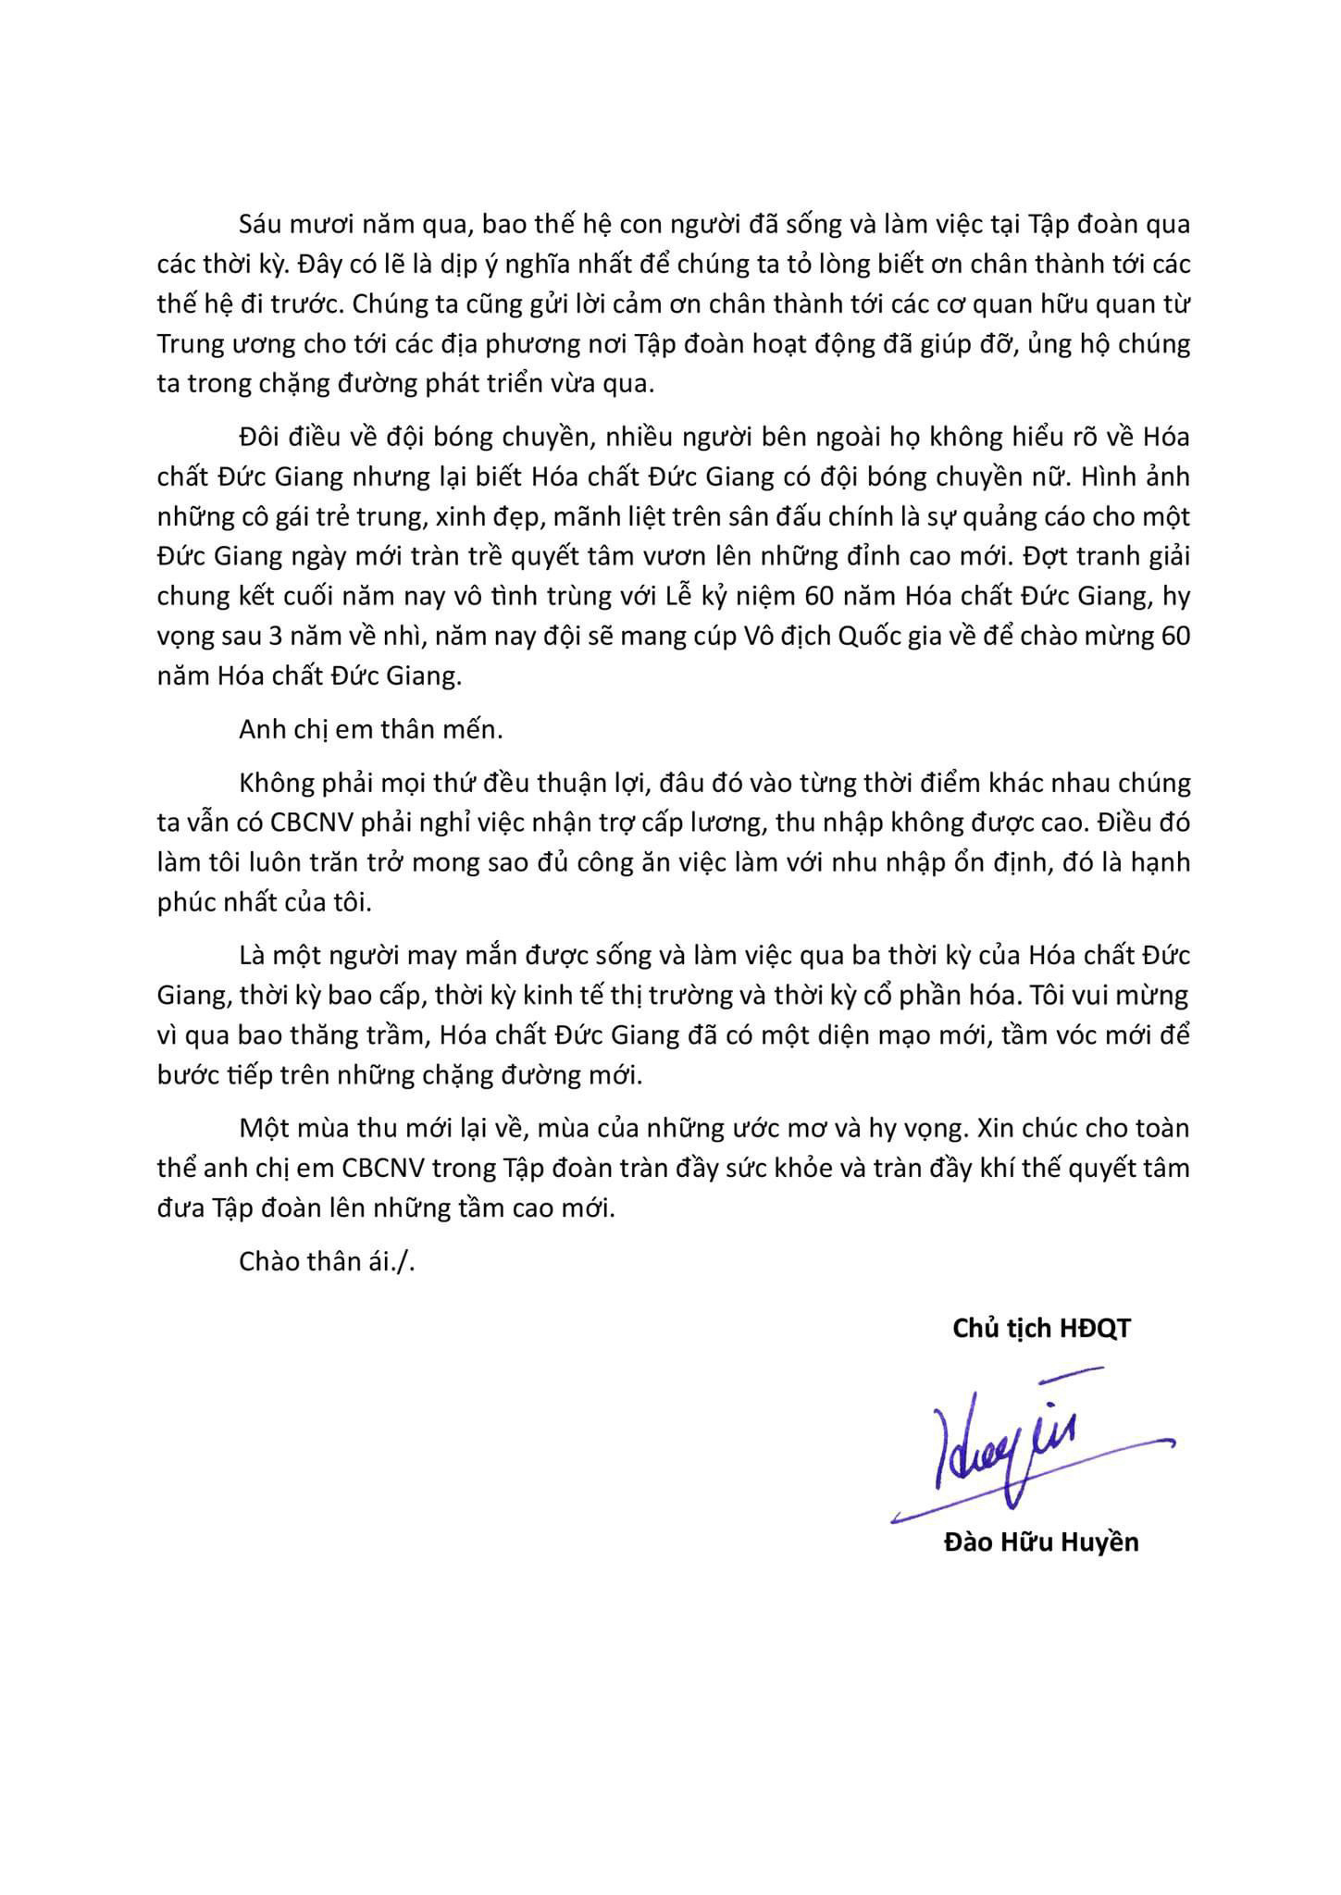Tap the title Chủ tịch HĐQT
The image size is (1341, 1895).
1041,1329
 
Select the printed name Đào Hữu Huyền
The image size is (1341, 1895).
1041,1542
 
